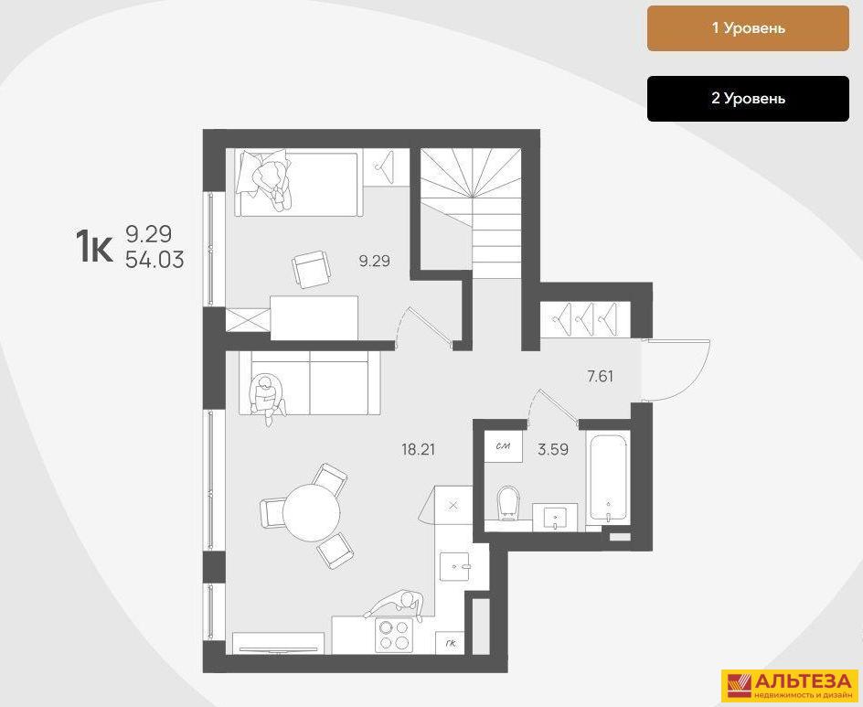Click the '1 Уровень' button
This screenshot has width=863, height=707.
coord(748,28)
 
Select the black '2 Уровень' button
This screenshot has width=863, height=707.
coord(748,99)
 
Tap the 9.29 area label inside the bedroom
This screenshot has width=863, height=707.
coord(374,262)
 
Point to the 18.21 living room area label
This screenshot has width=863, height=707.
coord(417,449)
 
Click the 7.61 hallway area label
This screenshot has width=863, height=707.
coord(600,374)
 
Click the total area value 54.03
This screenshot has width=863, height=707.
coord(154,261)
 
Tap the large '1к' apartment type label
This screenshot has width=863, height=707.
coord(94,247)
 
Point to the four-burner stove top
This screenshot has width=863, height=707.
coord(395,635)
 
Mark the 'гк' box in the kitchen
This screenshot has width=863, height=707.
coord(450,643)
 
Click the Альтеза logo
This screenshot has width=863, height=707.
coord(788,685)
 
